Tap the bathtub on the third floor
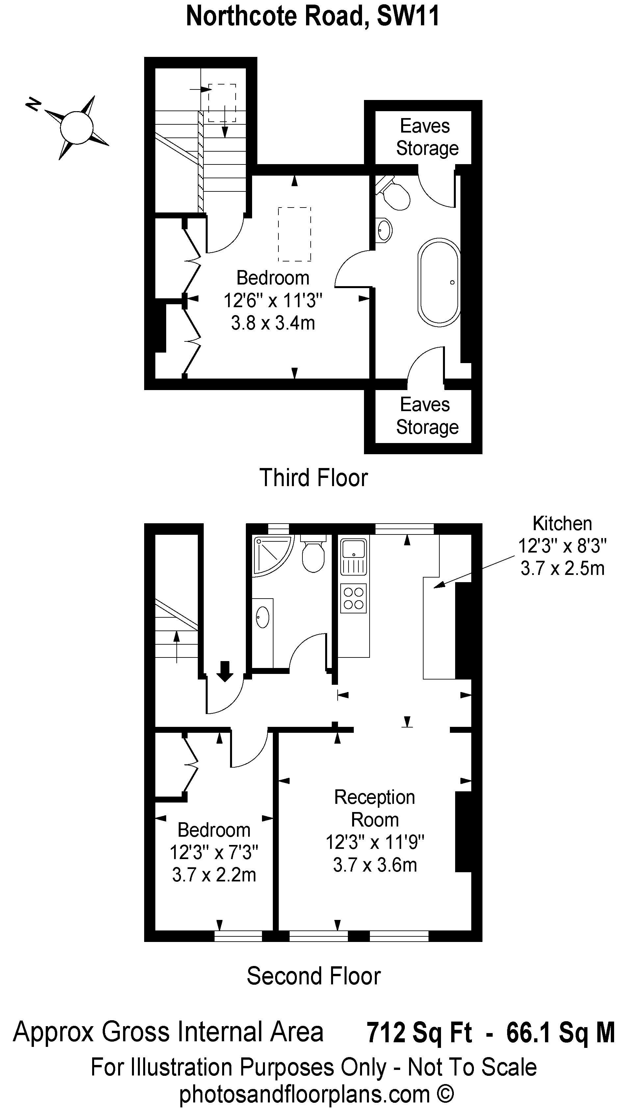pos(439,282)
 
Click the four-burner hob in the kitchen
pos(353,598)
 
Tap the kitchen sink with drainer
pos(354,556)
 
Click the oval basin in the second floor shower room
pos(263,617)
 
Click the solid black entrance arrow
pos(224,671)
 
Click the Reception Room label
pos(375,808)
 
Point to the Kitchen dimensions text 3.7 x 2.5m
pos(562,569)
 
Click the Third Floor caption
pos(314,478)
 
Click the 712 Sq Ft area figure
pos(419,1033)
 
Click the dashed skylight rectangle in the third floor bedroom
pos(295,235)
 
